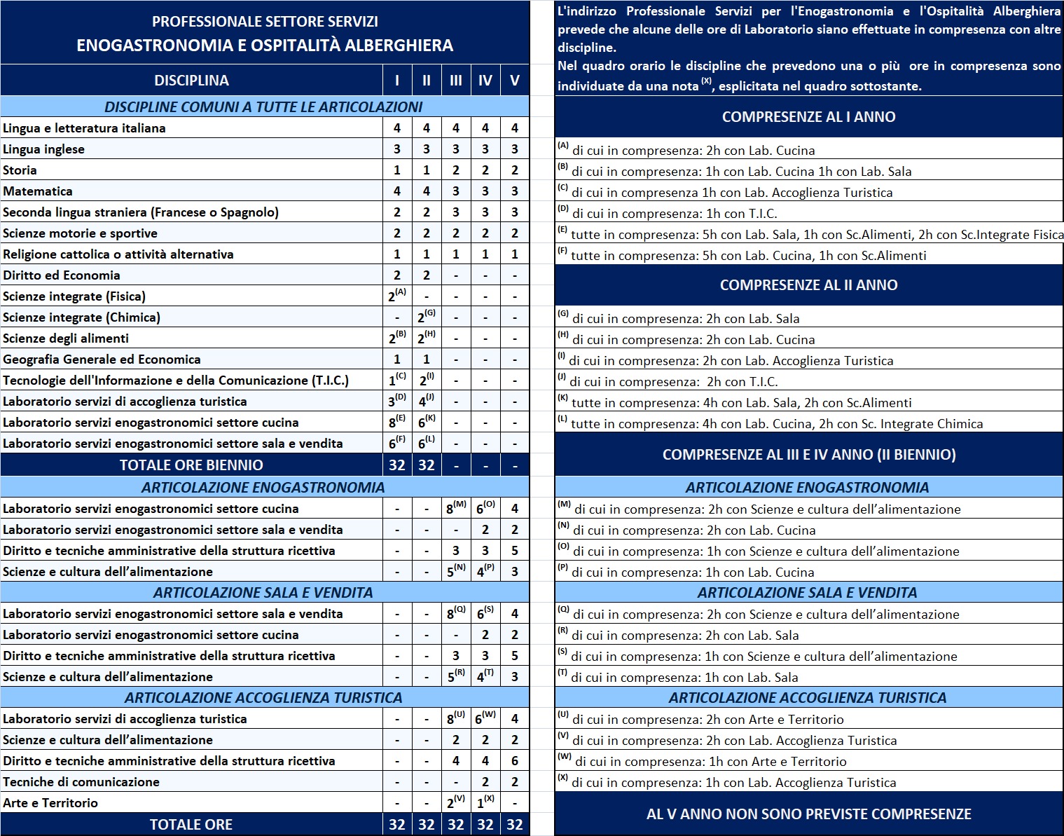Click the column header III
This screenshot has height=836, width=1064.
point(456,81)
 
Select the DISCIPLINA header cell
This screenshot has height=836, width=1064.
point(191,81)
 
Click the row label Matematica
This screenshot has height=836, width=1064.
point(38,191)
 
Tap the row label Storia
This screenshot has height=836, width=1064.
point(20,170)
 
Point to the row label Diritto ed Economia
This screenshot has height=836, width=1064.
point(62,275)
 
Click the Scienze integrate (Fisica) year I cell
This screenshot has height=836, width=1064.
point(396,296)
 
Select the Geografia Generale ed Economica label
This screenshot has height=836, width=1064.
point(102,359)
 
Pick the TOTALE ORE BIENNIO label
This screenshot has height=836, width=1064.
point(191,465)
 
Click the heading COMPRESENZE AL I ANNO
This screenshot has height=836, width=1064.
point(808,117)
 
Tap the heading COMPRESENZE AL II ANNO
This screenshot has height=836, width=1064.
point(808,285)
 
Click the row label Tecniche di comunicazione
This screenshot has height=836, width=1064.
point(81,782)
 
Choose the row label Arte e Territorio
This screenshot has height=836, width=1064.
point(50,803)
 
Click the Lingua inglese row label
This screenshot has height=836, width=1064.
point(43,149)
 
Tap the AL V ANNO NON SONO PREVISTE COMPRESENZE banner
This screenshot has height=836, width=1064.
point(808,814)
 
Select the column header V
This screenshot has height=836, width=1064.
point(515,81)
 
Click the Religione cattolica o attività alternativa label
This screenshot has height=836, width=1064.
point(118,254)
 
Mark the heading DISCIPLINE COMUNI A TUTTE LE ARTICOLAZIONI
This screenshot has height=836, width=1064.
point(263,107)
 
